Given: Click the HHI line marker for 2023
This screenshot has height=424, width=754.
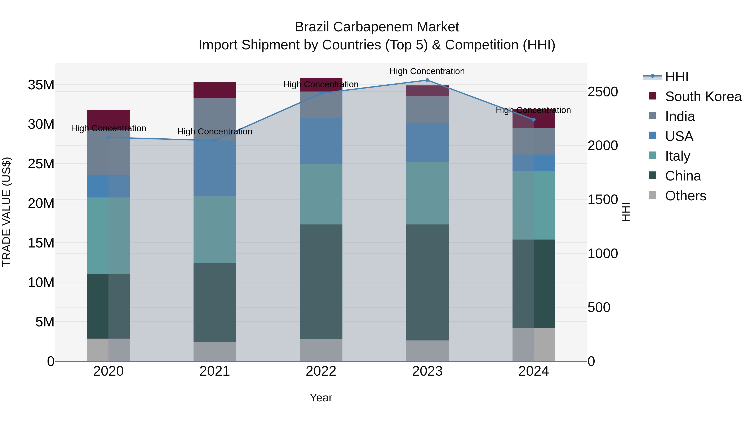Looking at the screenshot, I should click(427, 80).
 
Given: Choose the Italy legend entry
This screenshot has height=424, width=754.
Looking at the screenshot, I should click(677, 156).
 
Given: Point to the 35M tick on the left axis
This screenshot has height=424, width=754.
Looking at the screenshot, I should click(41, 85).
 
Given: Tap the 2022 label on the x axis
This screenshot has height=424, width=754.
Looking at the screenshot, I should click(321, 371).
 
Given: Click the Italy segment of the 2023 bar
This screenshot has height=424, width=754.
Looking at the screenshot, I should click(427, 193).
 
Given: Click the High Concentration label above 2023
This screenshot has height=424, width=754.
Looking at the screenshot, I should click(427, 71).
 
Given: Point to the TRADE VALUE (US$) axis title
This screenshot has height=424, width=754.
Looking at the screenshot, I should click(6, 212).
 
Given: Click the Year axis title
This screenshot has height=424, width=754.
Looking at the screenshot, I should click(321, 398).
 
